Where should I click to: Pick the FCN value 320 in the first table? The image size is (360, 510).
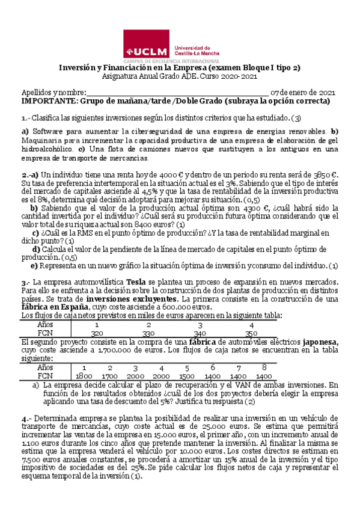pyautogui.click(x=96, y=333)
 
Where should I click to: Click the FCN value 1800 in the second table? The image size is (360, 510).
pyautogui.click(x=84, y=375)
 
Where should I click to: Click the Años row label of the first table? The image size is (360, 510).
pyautogui.click(x=45, y=324)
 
